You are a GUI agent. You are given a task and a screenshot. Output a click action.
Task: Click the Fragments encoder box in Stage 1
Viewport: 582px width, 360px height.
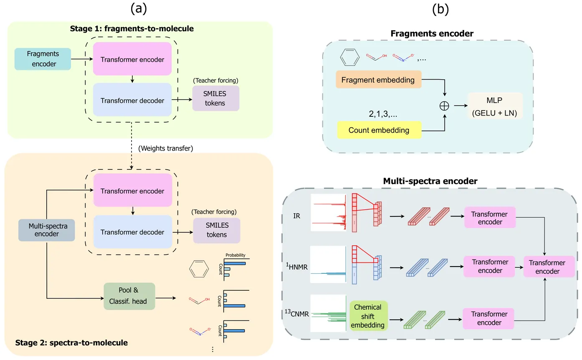pos(43,59)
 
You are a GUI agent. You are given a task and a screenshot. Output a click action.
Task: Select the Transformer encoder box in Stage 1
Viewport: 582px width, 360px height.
pos(132,59)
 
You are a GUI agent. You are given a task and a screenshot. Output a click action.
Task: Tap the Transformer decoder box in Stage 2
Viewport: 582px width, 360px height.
pos(132,232)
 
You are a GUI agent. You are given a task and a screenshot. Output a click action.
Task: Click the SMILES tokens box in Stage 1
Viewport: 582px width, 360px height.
pos(216,99)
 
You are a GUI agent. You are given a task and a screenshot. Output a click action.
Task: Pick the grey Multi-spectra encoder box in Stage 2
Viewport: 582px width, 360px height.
pos(46,230)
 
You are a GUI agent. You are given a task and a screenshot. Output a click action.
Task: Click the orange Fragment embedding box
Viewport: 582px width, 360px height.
pos(378,80)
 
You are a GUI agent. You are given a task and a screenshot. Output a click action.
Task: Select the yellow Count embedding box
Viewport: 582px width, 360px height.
pos(378,130)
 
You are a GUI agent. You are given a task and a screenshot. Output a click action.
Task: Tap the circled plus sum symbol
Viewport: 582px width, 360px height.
pos(445,105)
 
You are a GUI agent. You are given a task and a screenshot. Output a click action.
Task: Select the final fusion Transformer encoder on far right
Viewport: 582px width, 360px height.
pos(547,267)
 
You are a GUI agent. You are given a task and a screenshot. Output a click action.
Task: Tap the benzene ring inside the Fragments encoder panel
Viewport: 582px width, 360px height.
pos(350,58)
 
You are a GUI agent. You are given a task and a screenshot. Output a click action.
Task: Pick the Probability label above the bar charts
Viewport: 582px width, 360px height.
pos(235,255)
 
